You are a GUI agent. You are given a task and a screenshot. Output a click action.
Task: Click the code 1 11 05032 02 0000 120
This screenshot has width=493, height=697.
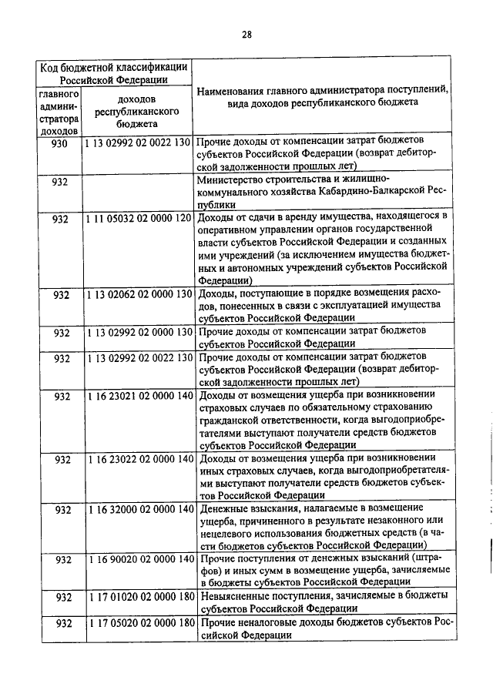click(x=137, y=219)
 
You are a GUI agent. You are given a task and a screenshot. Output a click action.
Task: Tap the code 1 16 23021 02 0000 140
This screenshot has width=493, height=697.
click(x=137, y=396)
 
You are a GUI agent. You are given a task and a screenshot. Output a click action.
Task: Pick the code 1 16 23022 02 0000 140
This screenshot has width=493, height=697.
click(x=137, y=459)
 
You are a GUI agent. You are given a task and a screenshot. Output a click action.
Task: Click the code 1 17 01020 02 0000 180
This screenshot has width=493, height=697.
click(x=137, y=598)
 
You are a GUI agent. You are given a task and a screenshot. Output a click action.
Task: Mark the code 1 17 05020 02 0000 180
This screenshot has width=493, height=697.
click(x=137, y=623)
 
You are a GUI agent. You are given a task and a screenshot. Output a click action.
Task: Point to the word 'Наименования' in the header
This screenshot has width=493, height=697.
click(x=233, y=91)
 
